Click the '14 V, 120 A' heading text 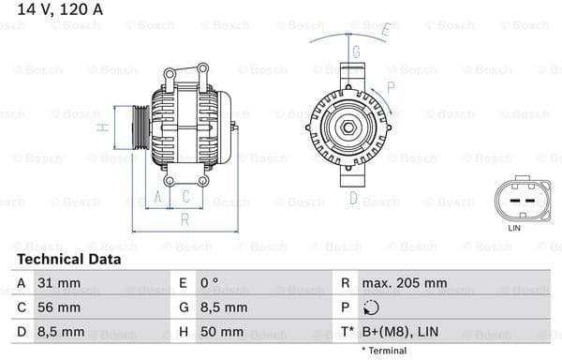tap(57, 10)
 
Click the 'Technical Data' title tap(68, 259)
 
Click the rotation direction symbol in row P tap(371, 307)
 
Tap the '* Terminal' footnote tap(384, 351)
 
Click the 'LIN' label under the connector tap(513, 228)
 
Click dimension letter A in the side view tap(158, 196)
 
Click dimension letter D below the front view tap(353, 198)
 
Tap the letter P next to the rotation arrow tap(391, 86)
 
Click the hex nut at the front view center tap(345, 126)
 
